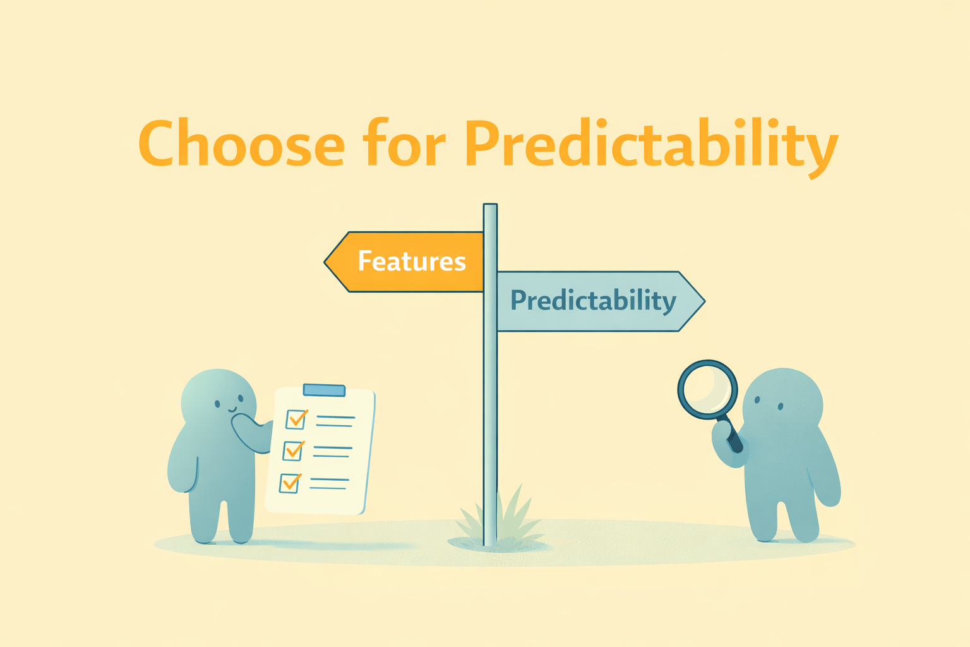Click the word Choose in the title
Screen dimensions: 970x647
[x=242, y=142]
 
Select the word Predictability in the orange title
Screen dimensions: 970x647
[x=651, y=147]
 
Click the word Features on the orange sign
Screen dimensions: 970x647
[x=412, y=261]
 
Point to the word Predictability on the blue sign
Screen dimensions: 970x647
[x=593, y=301]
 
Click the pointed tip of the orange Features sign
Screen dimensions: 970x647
[x=325, y=262]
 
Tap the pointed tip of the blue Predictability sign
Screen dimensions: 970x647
[x=705, y=301]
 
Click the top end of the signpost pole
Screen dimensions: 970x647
[x=490, y=205]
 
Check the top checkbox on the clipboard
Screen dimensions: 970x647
[x=296, y=419]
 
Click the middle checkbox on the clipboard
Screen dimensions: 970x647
[x=293, y=450]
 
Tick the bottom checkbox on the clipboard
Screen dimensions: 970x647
[x=290, y=482]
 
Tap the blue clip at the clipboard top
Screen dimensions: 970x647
[x=324, y=390]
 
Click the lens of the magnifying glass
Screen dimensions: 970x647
[x=707, y=389]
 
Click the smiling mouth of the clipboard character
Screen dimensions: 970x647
[x=232, y=409]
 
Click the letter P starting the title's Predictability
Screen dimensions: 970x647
[x=482, y=142]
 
